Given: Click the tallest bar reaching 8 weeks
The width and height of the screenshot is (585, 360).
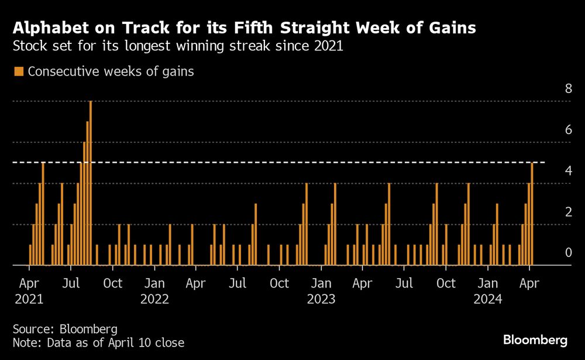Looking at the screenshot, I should point(91,183).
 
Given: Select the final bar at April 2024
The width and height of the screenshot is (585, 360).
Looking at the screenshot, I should point(532,214).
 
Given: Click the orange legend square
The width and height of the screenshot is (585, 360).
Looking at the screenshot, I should point(18,71).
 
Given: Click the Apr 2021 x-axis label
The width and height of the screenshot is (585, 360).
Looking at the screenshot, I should point(29,291).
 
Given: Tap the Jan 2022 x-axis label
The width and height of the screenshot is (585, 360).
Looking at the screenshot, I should point(155,291).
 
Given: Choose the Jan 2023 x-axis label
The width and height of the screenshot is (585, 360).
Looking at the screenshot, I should point(321,291).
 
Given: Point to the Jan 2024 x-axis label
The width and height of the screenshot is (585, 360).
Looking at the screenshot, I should point(487,291).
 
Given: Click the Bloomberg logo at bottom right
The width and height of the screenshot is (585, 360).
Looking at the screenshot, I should point(535,340).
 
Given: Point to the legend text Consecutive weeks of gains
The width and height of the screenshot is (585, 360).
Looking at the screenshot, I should point(111,71).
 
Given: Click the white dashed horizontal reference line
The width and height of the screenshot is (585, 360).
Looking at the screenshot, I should point(292,162).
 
